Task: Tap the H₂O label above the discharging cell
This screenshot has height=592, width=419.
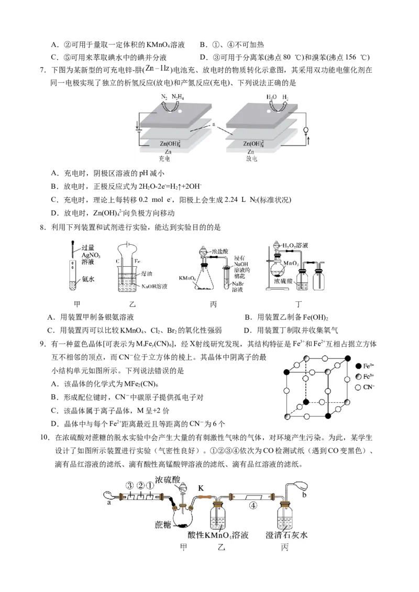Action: [x=271, y=97]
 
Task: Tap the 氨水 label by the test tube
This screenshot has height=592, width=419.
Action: [x=87, y=280]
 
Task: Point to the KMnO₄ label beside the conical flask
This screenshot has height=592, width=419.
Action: [x=187, y=279]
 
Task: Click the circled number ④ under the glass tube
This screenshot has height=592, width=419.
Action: [x=253, y=506]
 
